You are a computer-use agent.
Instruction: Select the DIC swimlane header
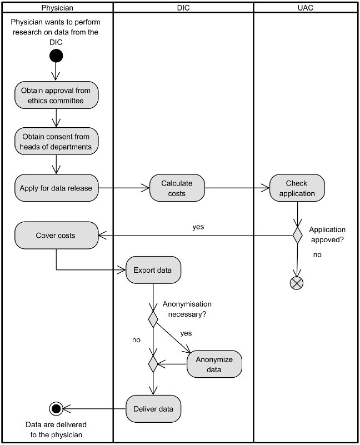[183, 7]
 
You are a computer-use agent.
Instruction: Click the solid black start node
[56, 56]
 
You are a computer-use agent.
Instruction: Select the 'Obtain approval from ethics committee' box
[56, 95]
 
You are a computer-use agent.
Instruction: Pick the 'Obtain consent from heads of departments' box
[56, 142]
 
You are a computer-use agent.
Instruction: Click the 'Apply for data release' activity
[56, 188]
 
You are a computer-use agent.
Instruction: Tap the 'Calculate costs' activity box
[177, 188]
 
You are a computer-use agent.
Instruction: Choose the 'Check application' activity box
[297, 188]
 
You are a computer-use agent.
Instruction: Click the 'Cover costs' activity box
[56, 235]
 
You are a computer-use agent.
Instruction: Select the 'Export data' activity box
[153, 271]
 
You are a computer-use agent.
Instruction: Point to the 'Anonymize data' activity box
[214, 364]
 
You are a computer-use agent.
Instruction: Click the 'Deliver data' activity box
[153, 409]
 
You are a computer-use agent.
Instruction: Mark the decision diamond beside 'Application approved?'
[297, 235]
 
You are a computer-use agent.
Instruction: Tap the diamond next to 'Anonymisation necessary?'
[153, 319]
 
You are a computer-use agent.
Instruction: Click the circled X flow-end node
[297, 283]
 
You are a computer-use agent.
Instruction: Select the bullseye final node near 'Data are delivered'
[56, 409]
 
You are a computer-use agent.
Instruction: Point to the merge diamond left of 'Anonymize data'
[153, 364]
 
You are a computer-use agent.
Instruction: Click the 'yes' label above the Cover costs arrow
[198, 227]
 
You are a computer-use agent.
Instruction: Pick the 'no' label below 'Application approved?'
[317, 254]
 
